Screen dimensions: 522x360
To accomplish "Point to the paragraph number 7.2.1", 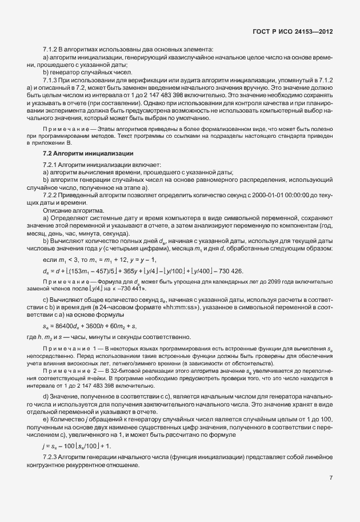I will click(51, 165).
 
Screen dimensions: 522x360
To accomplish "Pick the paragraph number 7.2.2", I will click(51, 195).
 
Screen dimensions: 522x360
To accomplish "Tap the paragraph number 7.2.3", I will click(51, 459).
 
